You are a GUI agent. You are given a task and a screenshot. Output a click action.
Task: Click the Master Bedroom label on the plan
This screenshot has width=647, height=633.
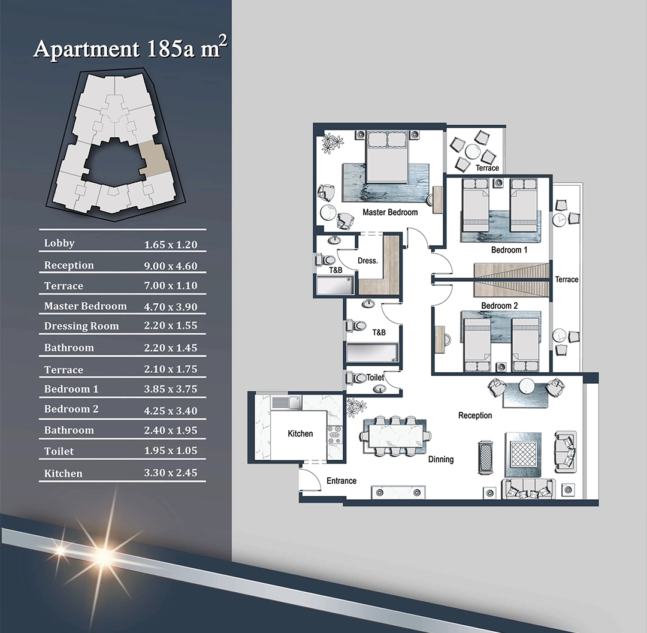tap(390, 212)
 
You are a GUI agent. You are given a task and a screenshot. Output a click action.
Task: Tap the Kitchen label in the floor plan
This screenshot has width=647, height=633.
tap(300, 433)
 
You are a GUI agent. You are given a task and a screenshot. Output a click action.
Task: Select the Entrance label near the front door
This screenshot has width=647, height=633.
tap(341, 481)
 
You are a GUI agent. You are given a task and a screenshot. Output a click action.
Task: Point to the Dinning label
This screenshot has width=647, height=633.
tap(441, 459)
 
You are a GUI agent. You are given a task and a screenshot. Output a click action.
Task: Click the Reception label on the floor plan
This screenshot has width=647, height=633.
tap(475, 415)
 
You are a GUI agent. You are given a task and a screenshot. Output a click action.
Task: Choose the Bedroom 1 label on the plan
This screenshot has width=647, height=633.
tap(509, 250)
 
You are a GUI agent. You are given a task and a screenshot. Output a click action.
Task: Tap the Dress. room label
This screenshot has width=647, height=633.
tap(368, 261)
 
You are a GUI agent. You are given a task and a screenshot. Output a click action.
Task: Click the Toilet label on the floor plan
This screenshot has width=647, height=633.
tap(375, 378)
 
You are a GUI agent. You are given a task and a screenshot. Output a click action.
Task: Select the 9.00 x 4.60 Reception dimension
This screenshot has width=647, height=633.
tap(170, 266)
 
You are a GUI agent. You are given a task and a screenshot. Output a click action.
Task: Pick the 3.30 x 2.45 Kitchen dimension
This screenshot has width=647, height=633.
tap(170, 472)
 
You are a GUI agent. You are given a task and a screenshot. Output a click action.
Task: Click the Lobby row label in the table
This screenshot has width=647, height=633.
tap(59, 243)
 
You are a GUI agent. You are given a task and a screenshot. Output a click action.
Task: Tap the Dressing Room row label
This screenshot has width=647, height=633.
tap(81, 326)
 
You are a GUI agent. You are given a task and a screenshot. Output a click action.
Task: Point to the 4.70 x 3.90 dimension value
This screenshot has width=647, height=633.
tap(170, 307)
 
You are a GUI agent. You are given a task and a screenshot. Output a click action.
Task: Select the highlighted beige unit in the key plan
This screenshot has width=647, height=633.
tap(154, 159)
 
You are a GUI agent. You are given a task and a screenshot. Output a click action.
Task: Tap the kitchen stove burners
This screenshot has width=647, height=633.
tap(335, 435)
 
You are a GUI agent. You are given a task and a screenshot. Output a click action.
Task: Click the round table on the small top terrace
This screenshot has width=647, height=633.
tap(473, 152)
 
